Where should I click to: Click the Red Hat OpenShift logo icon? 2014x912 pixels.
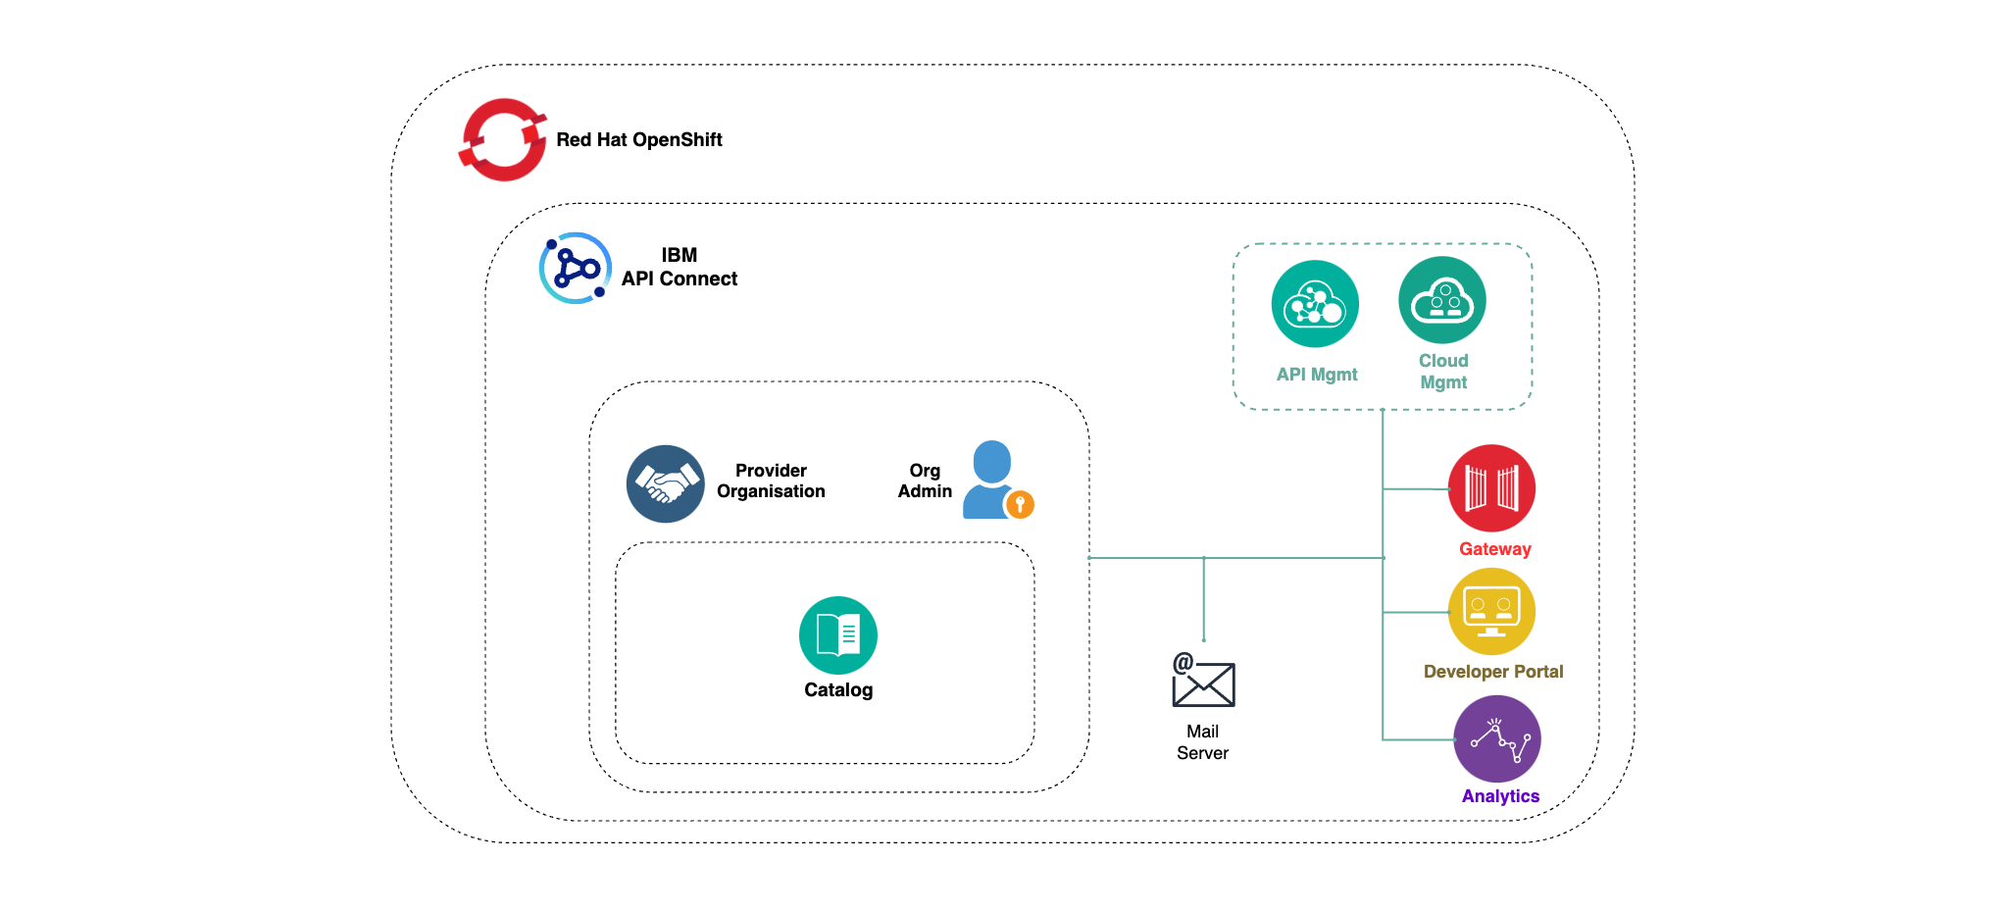pyautogui.click(x=503, y=139)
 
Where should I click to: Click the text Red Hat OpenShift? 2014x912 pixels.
pyautogui.click(x=638, y=139)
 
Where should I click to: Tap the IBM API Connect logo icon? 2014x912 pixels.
pyautogui.click(x=576, y=268)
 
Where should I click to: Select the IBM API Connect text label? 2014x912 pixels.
pyautogui.click(x=679, y=267)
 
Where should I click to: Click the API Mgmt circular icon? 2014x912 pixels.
pyautogui.click(x=1315, y=304)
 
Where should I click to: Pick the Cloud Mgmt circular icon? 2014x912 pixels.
pyautogui.click(x=1441, y=300)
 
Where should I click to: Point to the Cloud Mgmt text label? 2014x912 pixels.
pyautogui.click(x=1443, y=372)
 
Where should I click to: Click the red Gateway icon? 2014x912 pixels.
pyautogui.click(x=1491, y=488)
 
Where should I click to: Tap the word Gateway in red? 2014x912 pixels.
pyautogui.click(x=1494, y=549)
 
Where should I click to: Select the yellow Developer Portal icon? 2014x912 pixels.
pyautogui.click(x=1491, y=611)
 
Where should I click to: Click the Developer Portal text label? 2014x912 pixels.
pyautogui.click(x=1492, y=672)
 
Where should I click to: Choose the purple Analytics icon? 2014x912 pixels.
pyautogui.click(x=1496, y=738)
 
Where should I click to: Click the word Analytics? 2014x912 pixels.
pyautogui.click(x=1500, y=796)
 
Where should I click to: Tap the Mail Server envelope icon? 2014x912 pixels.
pyautogui.click(x=1203, y=682)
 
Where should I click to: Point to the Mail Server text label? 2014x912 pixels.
pyautogui.click(x=1202, y=742)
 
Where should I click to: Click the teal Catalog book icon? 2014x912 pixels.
pyautogui.click(x=837, y=635)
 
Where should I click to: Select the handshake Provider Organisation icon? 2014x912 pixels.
pyautogui.click(x=665, y=483)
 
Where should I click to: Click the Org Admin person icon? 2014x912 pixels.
pyautogui.click(x=990, y=479)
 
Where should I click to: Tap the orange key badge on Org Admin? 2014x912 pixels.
pyautogui.click(x=1020, y=504)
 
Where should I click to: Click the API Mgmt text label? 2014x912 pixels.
pyautogui.click(x=1316, y=375)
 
